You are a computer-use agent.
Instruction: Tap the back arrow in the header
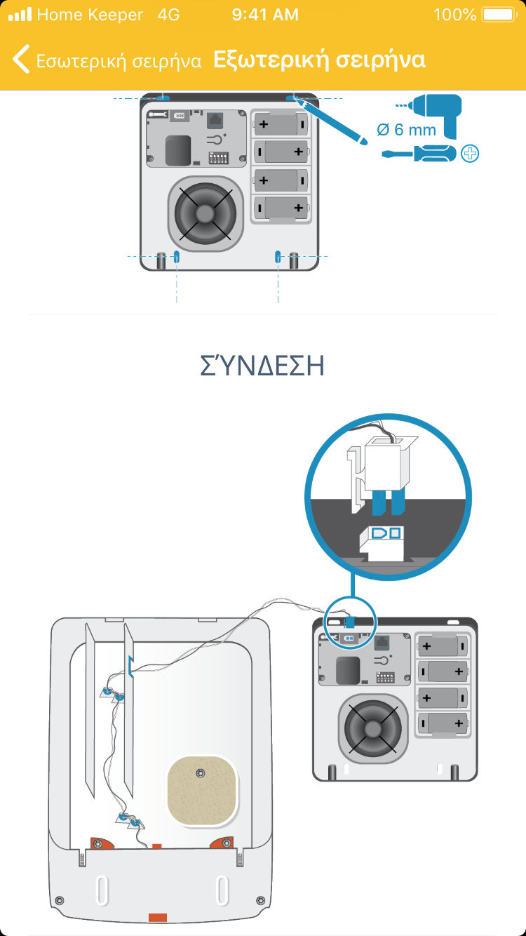[21, 59]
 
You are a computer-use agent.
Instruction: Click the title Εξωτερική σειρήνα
[319, 60]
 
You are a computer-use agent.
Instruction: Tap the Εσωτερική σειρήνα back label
[119, 61]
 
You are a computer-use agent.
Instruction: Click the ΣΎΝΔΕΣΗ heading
[262, 365]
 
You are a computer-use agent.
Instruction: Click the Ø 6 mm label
[406, 130]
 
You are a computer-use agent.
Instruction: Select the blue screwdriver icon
[419, 154]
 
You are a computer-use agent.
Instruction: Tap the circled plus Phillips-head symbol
[470, 154]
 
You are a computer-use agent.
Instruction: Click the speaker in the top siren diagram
[205, 213]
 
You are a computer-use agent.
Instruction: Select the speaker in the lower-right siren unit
[372, 729]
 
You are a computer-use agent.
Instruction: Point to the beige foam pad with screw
[202, 791]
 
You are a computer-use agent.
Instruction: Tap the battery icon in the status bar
[499, 15]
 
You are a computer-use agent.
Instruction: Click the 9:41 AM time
[265, 15]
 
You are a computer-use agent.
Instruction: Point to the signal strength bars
[20, 14]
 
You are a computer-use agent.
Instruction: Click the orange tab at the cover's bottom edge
[158, 917]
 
